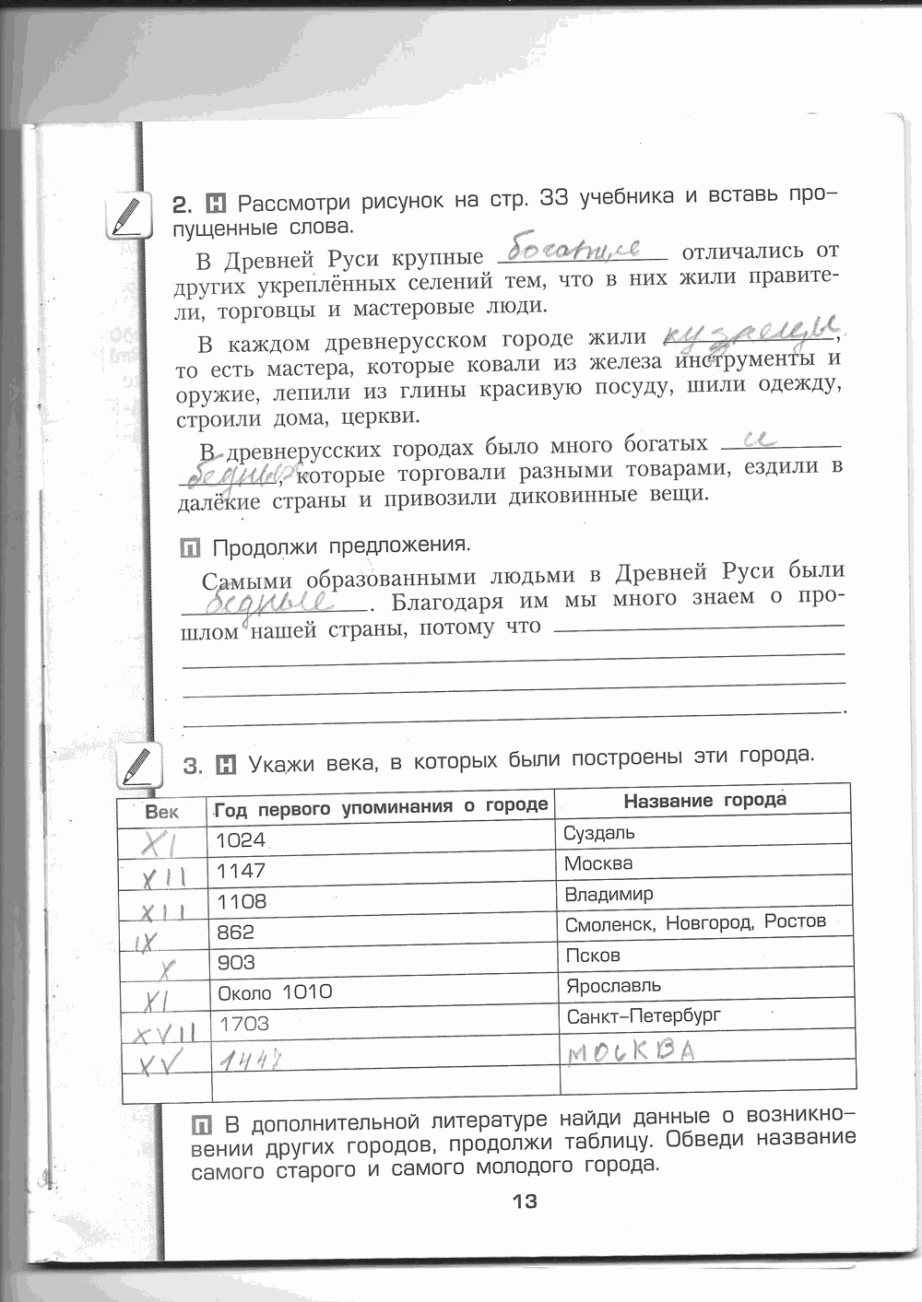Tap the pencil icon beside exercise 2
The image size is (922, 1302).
tap(128, 217)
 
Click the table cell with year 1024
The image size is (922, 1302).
tap(241, 839)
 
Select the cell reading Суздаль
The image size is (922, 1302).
tap(599, 833)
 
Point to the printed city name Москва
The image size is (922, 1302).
tap(598, 863)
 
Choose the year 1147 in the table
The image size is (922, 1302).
tap(241, 871)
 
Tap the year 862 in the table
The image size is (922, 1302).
tap(235, 932)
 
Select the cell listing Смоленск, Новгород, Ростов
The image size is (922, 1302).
tap(695, 922)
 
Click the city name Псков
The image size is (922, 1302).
tap(593, 956)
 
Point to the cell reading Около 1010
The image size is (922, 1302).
tap(275, 992)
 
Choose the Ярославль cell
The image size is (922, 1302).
tap(613, 985)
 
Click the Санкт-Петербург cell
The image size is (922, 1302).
tap(644, 1015)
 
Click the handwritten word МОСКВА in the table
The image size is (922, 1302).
tap(631, 1050)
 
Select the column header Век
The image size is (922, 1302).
tap(162, 812)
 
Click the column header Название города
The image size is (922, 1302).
tap(705, 800)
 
